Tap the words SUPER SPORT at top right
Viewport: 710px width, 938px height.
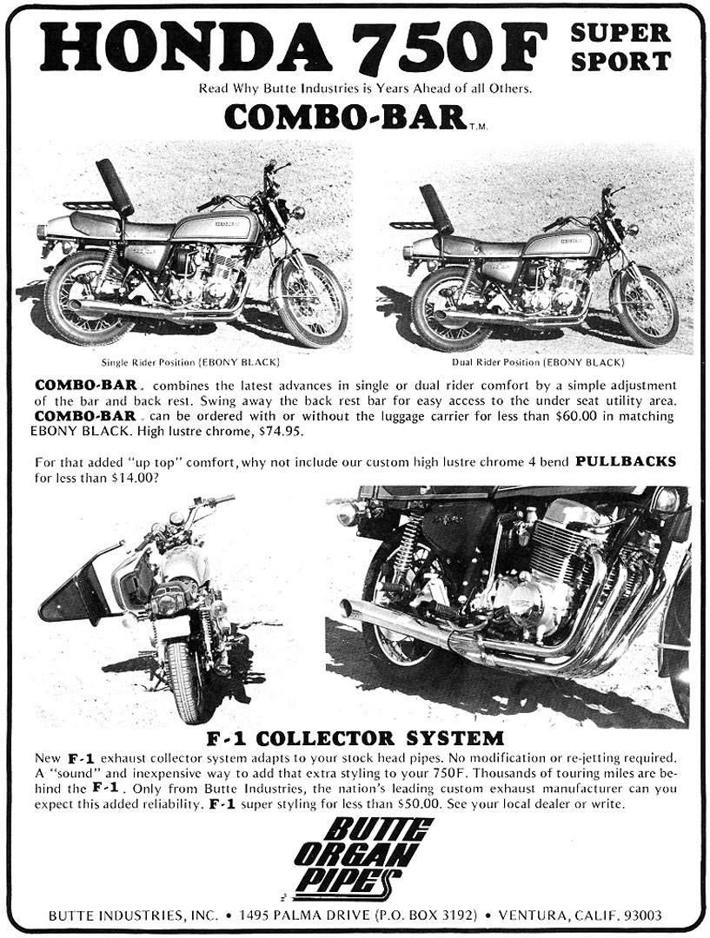pyautogui.click(x=620, y=47)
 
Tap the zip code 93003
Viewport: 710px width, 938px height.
pyautogui.click(x=639, y=915)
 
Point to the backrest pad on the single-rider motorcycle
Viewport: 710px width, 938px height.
pyautogui.click(x=114, y=186)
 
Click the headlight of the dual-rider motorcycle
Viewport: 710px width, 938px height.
pyautogui.click(x=632, y=229)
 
